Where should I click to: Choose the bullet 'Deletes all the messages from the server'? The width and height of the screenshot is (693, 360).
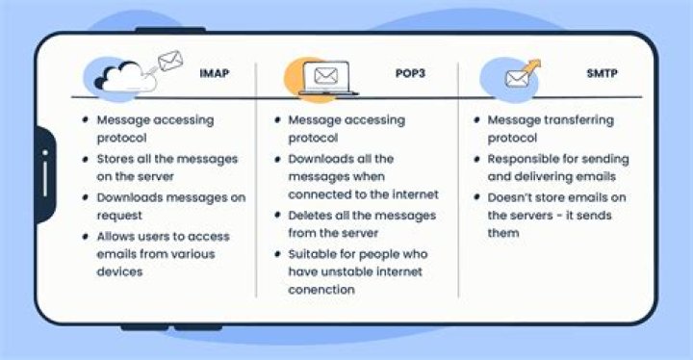[361, 223]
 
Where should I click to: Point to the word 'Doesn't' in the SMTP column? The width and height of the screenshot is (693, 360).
[511, 197]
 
